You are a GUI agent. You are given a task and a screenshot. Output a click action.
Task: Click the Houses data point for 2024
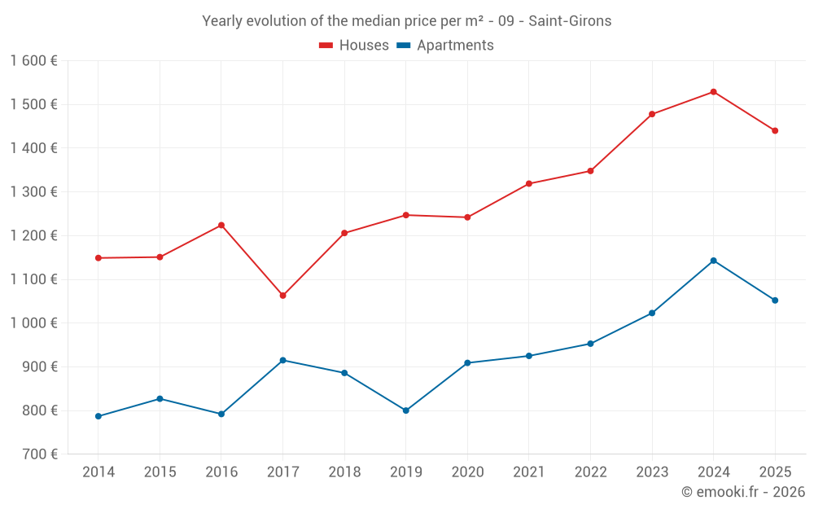click(x=713, y=92)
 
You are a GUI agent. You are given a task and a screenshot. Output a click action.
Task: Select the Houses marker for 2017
click(x=283, y=296)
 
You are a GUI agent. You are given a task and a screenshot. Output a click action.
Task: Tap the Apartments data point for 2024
click(x=713, y=261)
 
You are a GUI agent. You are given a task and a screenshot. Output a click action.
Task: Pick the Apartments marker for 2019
click(x=406, y=410)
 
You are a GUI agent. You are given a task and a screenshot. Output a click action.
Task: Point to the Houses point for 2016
click(x=221, y=226)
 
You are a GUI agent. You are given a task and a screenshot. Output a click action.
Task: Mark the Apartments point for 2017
click(x=283, y=361)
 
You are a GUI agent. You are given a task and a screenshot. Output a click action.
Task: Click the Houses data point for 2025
click(x=775, y=131)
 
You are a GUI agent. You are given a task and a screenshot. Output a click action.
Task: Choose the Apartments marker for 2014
click(x=98, y=416)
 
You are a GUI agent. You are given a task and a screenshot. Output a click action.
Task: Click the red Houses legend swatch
click(x=326, y=46)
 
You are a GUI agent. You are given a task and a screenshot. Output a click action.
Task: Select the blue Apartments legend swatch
click(x=404, y=46)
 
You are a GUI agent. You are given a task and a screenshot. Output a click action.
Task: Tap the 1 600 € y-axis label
click(x=33, y=61)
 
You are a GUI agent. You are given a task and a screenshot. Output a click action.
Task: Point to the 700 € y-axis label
click(x=40, y=454)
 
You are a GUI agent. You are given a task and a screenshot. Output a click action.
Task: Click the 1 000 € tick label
click(x=33, y=323)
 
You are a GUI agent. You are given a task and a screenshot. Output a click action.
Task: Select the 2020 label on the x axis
click(x=468, y=472)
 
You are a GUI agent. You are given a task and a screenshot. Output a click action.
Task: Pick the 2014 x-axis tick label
click(x=98, y=472)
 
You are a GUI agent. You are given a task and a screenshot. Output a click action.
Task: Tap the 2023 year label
click(x=652, y=472)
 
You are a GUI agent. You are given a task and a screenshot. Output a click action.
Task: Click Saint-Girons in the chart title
click(x=570, y=21)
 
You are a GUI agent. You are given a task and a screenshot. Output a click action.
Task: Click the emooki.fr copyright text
click(x=743, y=492)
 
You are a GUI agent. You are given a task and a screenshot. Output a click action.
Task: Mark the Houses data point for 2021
click(x=529, y=184)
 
